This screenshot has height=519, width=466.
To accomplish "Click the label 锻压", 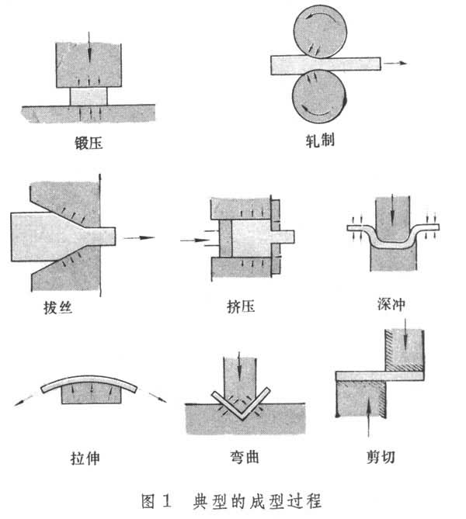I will (x=88, y=142).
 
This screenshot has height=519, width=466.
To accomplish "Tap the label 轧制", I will (x=320, y=142).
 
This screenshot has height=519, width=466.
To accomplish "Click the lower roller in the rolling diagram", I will (x=320, y=95).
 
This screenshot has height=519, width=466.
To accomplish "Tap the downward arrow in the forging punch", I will (x=89, y=48).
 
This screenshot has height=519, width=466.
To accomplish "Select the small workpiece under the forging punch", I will (x=89, y=97).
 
